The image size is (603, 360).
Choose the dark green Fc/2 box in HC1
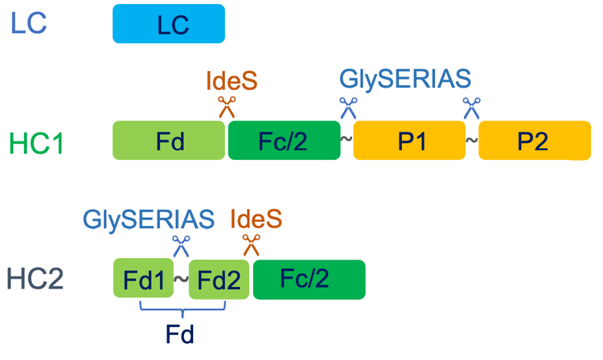(x=284, y=141)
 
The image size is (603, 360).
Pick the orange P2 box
(x=533, y=141)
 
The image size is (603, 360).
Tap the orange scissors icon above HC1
(x=226, y=106)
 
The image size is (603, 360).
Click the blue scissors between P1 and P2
(x=470, y=106)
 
